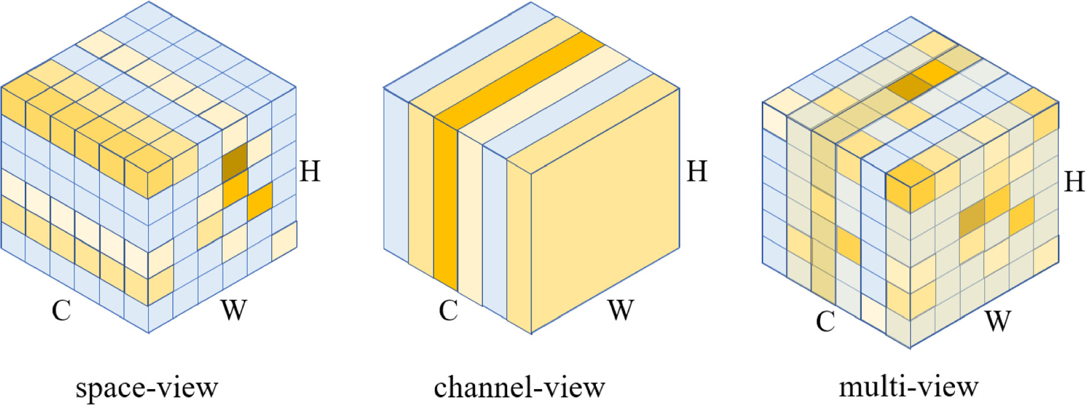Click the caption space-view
[x=146, y=387]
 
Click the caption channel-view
[x=519, y=387]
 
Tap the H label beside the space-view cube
[x=310, y=171]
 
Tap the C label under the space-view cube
[x=61, y=310]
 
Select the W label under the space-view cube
[x=233, y=310]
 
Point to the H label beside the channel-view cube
[x=697, y=171]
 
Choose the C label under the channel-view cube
[x=448, y=310]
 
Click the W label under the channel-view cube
[x=621, y=310]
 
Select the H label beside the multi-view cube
[x=1074, y=182]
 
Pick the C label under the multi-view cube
[x=825, y=321]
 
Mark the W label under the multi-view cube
[x=997, y=321]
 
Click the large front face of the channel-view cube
[x=605, y=209]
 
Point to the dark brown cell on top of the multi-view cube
[x=907, y=87]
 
